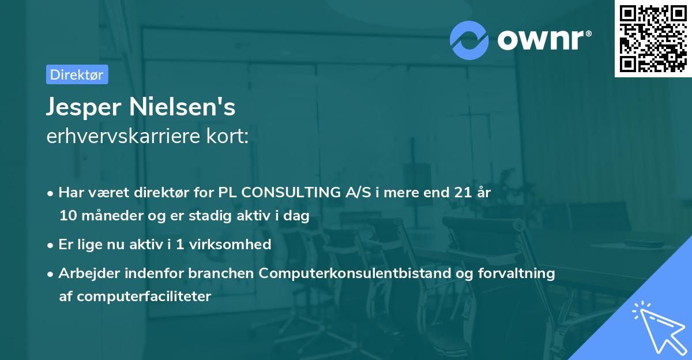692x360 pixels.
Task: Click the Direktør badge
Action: click(77, 74)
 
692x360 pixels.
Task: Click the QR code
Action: click(653, 38)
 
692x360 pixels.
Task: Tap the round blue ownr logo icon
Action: click(469, 40)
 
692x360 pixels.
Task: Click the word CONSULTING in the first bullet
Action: click(289, 193)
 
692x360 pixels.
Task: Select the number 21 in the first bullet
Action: click(458, 193)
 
